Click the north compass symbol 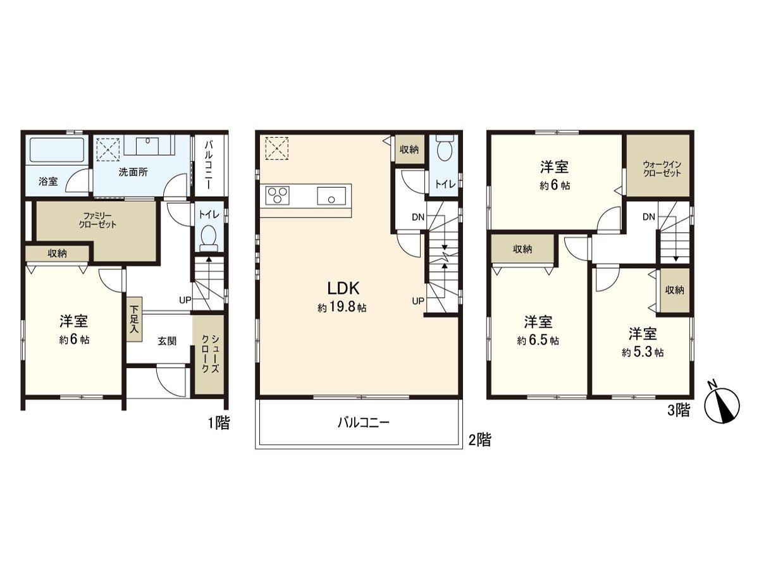(722, 403)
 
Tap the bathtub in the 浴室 (58, 151)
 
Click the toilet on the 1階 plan (208, 235)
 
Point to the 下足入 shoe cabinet (134, 319)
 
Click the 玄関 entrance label (167, 341)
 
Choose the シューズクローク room (209, 364)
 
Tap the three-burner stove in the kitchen (277, 195)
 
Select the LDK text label (343, 289)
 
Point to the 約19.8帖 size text (342, 309)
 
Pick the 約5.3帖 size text (642, 352)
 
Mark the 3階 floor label (679, 410)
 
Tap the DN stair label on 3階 (648, 217)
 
